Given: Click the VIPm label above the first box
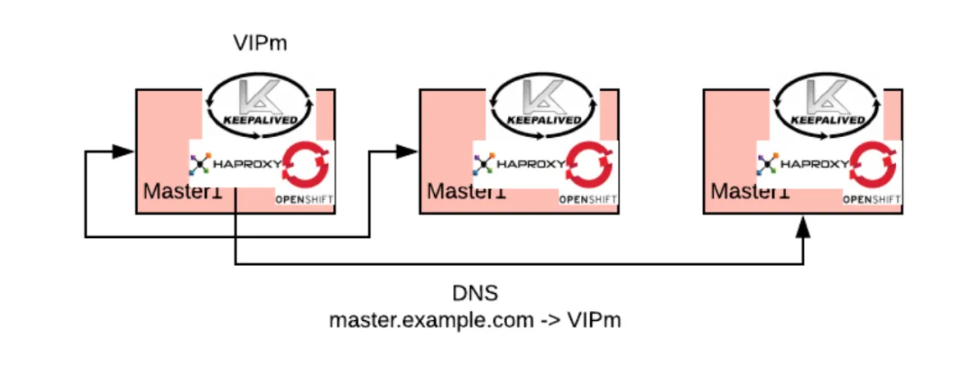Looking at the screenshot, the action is [x=259, y=43].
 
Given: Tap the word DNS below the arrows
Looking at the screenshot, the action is [x=475, y=294].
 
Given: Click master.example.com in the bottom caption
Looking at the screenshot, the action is [x=426, y=321].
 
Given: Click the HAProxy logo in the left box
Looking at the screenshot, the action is [x=235, y=164].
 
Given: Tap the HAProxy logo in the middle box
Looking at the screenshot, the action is [x=519, y=164].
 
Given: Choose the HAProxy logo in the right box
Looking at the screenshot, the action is [x=802, y=164].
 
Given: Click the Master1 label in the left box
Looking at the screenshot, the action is [x=182, y=191].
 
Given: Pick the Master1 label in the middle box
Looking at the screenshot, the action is [x=467, y=191].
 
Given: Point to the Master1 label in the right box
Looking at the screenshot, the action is [x=750, y=191].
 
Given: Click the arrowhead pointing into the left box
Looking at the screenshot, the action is [x=123, y=152].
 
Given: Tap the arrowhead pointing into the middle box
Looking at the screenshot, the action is [x=407, y=152].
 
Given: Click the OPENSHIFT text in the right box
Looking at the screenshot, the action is [x=872, y=199].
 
